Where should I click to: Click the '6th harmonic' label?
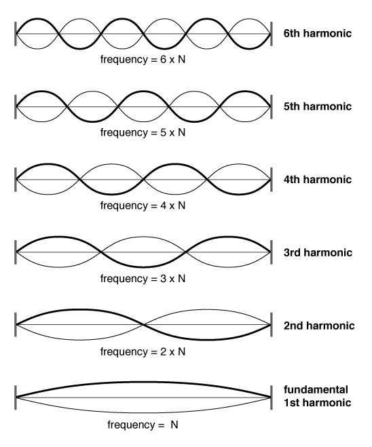[x=318, y=33]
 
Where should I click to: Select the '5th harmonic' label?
[x=318, y=106]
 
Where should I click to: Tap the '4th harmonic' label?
[x=318, y=179]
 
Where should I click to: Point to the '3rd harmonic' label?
[x=318, y=252]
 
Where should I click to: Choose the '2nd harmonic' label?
[x=319, y=326]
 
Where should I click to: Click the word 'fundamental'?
[x=316, y=389]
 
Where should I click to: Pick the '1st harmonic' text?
[x=317, y=402]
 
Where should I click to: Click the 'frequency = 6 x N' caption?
[x=143, y=60]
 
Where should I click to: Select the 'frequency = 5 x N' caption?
[x=143, y=132]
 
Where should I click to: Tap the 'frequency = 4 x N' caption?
[x=143, y=206]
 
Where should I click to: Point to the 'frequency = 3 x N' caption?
[x=143, y=279]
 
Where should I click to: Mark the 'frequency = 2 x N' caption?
[x=143, y=352]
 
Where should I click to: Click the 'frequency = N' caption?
[x=143, y=425]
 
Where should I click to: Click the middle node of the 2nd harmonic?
[x=143, y=325]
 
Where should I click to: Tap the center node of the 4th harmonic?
[x=143, y=179]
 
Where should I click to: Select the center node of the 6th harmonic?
[x=143, y=34]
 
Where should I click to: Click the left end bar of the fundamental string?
[x=15, y=397]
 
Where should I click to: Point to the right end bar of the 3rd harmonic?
[x=271, y=252]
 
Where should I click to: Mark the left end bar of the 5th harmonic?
[x=15, y=106]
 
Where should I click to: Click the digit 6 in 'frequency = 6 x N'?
[x=164, y=59]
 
